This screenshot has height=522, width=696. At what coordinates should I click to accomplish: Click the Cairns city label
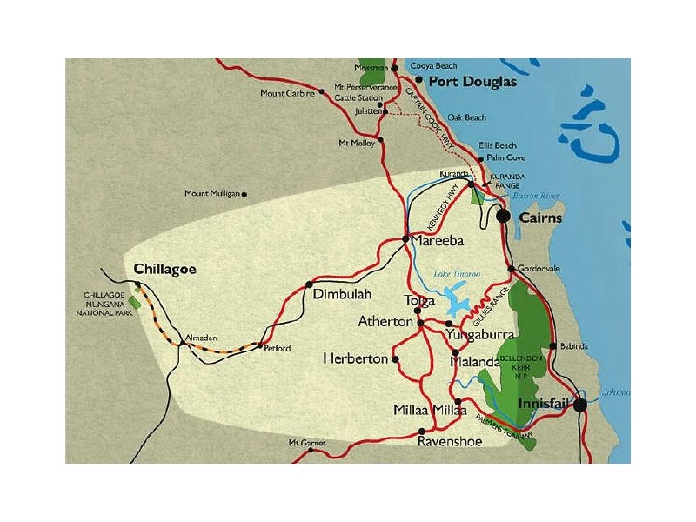(540, 218)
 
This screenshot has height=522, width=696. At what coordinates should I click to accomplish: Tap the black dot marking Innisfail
(580, 405)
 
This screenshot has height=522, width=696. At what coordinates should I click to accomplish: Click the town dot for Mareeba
(405, 239)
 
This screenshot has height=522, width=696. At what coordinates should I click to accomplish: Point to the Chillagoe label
(164, 269)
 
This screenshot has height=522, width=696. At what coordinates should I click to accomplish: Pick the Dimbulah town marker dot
(309, 284)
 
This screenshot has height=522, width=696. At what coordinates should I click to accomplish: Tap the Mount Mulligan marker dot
(244, 194)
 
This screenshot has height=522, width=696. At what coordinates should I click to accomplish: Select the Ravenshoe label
(448, 441)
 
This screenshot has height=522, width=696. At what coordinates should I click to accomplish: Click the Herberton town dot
(396, 358)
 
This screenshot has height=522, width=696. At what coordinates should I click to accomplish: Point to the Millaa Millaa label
(430, 410)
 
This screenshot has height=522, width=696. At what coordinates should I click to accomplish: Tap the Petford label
(277, 348)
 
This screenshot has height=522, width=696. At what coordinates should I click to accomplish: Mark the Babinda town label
(574, 346)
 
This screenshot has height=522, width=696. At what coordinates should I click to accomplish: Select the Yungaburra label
(480, 334)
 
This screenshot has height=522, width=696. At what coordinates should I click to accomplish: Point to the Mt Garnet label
(306, 443)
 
